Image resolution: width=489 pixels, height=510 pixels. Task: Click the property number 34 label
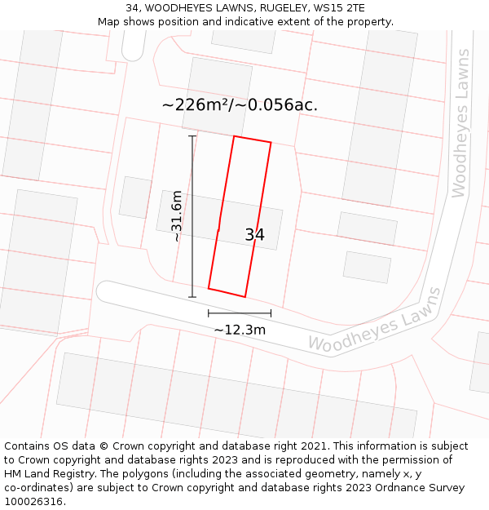[254, 235]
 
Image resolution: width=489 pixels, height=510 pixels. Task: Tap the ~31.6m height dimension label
[176, 216]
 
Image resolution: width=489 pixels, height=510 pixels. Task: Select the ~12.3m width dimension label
[240, 330]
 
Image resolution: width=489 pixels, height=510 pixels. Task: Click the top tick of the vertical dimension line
[192, 136]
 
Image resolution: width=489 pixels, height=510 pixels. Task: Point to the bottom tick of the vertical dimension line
[192, 297]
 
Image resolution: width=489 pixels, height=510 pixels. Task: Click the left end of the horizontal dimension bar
[209, 313]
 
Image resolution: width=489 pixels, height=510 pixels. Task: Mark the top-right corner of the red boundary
[271, 143]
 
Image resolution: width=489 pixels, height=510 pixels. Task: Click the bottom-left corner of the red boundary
[209, 288]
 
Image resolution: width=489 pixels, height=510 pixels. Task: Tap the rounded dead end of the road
[104, 290]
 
